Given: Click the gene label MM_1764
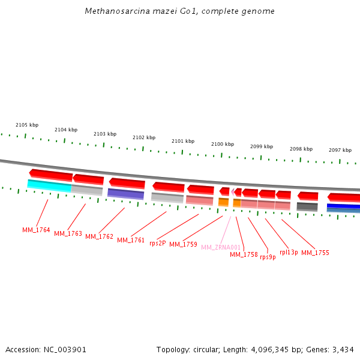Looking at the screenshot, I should (x=36, y=230).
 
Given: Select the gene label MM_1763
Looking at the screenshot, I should (x=68, y=233).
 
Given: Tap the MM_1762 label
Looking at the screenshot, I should (x=99, y=236).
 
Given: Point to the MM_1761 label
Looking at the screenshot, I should (x=131, y=240).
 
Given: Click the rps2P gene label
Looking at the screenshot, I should (x=157, y=243).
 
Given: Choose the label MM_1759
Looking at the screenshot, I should (x=183, y=244).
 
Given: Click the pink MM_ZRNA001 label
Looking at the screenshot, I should (x=221, y=247).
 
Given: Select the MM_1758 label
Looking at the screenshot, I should (x=244, y=254).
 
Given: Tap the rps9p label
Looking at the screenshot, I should (x=268, y=257).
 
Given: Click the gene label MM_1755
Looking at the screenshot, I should (x=315, y=253).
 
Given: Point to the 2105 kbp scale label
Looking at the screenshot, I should (x=27, y=125).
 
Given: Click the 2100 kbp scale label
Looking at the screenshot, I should (x=223, y=144).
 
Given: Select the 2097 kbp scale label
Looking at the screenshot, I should (x=340, y=150).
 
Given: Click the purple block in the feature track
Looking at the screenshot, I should (x=125, y=194).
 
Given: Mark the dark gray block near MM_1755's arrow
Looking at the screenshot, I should (x=307, y=206).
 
